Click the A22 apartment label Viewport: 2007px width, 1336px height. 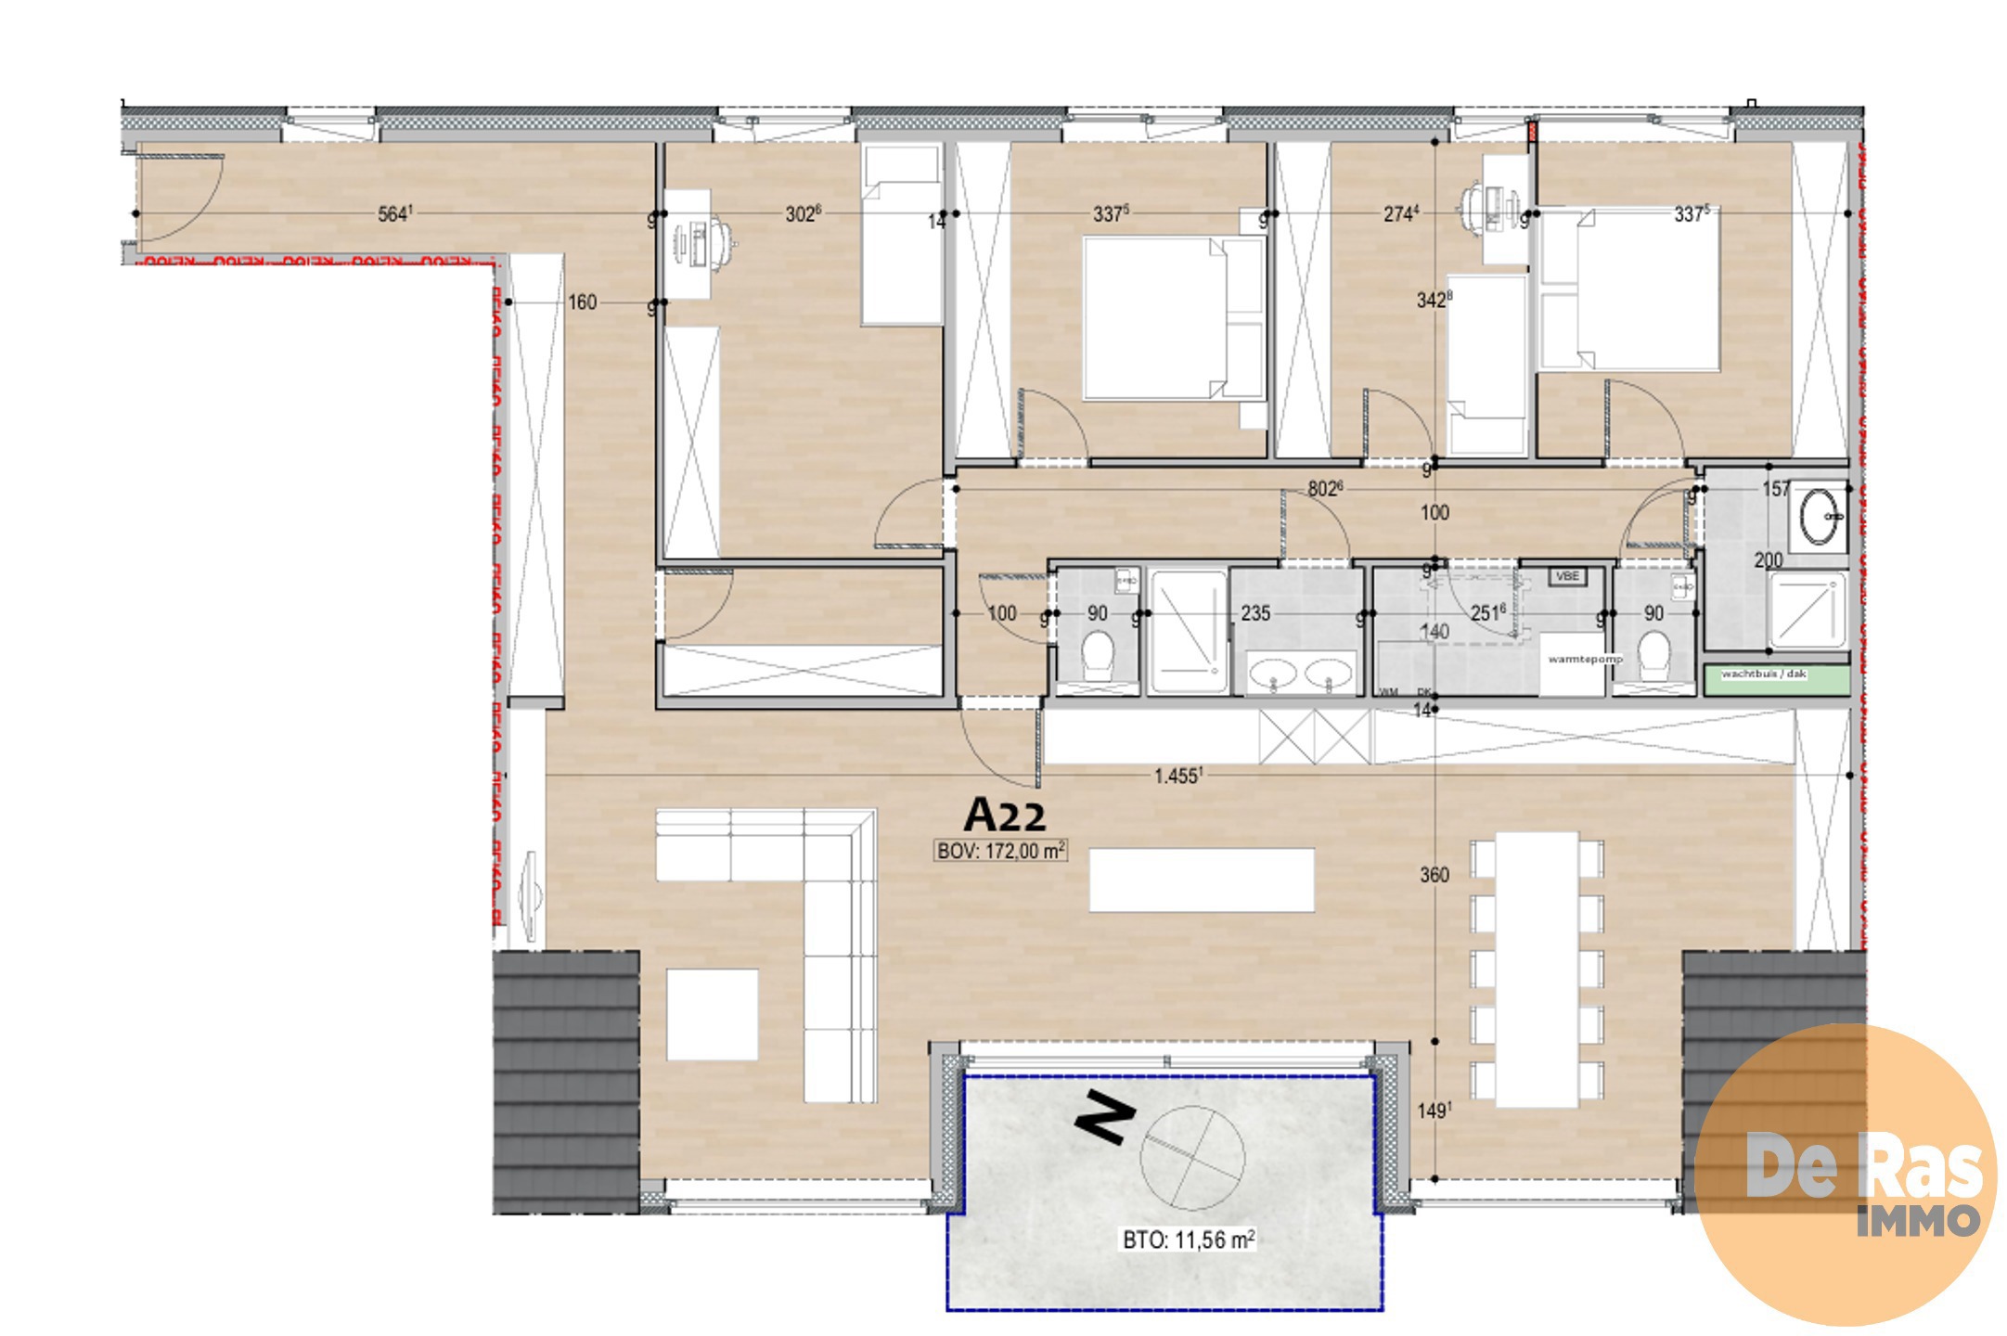1005,816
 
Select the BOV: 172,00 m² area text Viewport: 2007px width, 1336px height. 1000,851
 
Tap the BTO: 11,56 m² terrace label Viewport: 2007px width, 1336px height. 1189,1240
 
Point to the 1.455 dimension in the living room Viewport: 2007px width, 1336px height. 1177,776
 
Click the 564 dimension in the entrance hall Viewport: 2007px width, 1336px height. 394,214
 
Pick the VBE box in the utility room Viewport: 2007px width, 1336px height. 1566,576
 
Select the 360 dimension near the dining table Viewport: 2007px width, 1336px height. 1434,875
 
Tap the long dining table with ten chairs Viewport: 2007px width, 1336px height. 1537,969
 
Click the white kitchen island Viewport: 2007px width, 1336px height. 1202,880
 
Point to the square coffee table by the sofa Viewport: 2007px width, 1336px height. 712,1014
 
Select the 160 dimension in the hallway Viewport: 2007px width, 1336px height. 582,302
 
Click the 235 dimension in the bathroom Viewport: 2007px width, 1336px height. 1254,613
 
